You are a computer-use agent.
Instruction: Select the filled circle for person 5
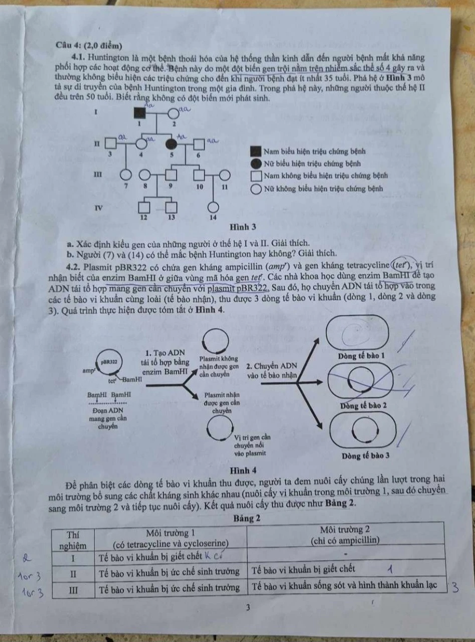172,145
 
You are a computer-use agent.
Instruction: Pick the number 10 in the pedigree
200,186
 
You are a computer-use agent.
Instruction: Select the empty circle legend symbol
256,189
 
